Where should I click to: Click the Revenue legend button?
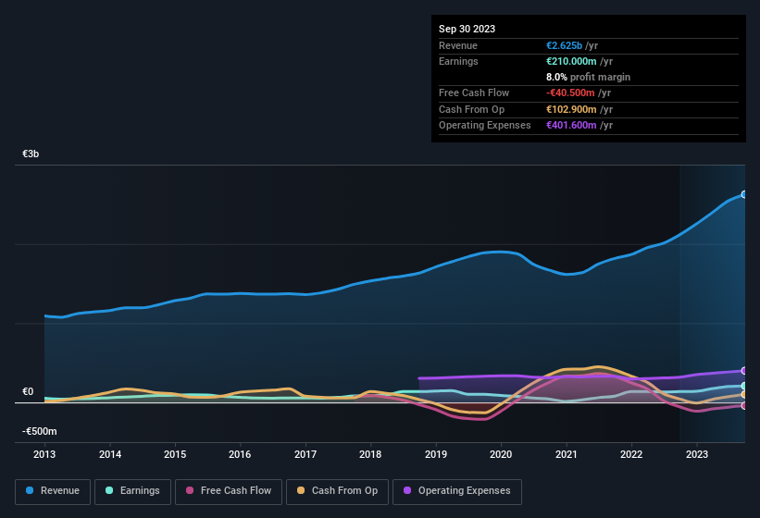pos(53,491)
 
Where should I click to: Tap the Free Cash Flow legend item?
pos(229,491)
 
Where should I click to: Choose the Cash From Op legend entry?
pos(338,491)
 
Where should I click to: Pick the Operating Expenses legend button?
pos(457,491)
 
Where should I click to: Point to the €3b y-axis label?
pos(31,154)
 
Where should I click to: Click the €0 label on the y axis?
pos(28,391)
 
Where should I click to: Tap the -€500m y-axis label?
pos(39,431)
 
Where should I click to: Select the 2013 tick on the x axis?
pos(44,454)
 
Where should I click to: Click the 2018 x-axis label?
pos(370,454)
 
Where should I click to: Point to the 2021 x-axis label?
pos(566,454)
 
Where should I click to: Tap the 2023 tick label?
pos(696,454)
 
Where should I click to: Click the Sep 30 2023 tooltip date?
pos(467,29)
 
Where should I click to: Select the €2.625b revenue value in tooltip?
pos(566,45)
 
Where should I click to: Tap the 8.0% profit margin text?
pos(588,77)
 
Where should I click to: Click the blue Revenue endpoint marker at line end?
pos(743,194)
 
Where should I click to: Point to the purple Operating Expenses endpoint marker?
pos(743,371)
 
